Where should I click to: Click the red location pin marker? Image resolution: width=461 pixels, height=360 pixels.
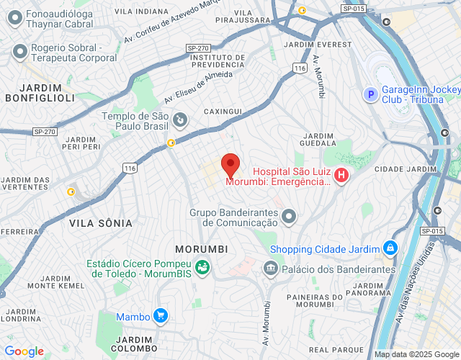(230, 165)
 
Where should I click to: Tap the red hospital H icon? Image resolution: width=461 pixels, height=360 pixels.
(341, 174)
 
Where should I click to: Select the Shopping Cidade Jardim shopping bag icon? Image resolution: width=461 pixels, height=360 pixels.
(390, 248)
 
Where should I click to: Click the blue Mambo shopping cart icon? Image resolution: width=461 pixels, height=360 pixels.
(160, 315)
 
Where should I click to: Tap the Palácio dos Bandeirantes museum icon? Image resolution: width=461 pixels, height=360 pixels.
(271, 269)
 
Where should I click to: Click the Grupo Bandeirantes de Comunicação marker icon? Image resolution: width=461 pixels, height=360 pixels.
(289, 215)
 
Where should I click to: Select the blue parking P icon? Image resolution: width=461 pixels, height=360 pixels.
(370, 94)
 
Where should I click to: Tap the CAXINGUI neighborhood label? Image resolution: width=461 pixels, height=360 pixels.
(223, 112)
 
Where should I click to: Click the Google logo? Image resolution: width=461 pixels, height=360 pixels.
(24, 351)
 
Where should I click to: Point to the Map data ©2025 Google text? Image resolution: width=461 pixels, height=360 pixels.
(416, 354)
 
